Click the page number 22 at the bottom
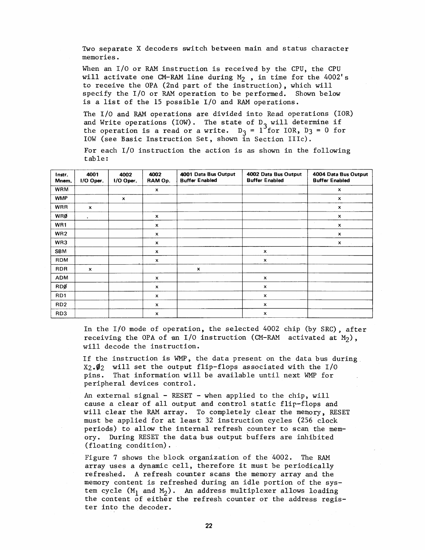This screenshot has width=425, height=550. click(208, 526)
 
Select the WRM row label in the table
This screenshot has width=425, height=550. click(62, 190)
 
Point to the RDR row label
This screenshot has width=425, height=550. click(61, 269)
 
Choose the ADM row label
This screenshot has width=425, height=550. click(62, 278)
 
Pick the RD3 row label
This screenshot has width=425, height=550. click(61, 314)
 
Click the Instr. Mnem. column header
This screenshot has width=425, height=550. click(62, 177)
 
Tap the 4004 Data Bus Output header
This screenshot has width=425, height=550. click(340, 177)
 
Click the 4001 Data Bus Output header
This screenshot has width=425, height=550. click(208, 177)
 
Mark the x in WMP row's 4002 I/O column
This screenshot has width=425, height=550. click(123, 199)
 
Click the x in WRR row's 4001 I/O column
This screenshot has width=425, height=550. click(90, 208)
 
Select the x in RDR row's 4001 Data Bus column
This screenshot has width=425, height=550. click(198, 269)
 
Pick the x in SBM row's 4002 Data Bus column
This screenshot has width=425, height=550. click(265, 251)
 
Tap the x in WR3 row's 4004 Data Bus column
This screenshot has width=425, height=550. click(339, 243)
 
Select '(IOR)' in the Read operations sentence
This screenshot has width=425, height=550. click(343, 114)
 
